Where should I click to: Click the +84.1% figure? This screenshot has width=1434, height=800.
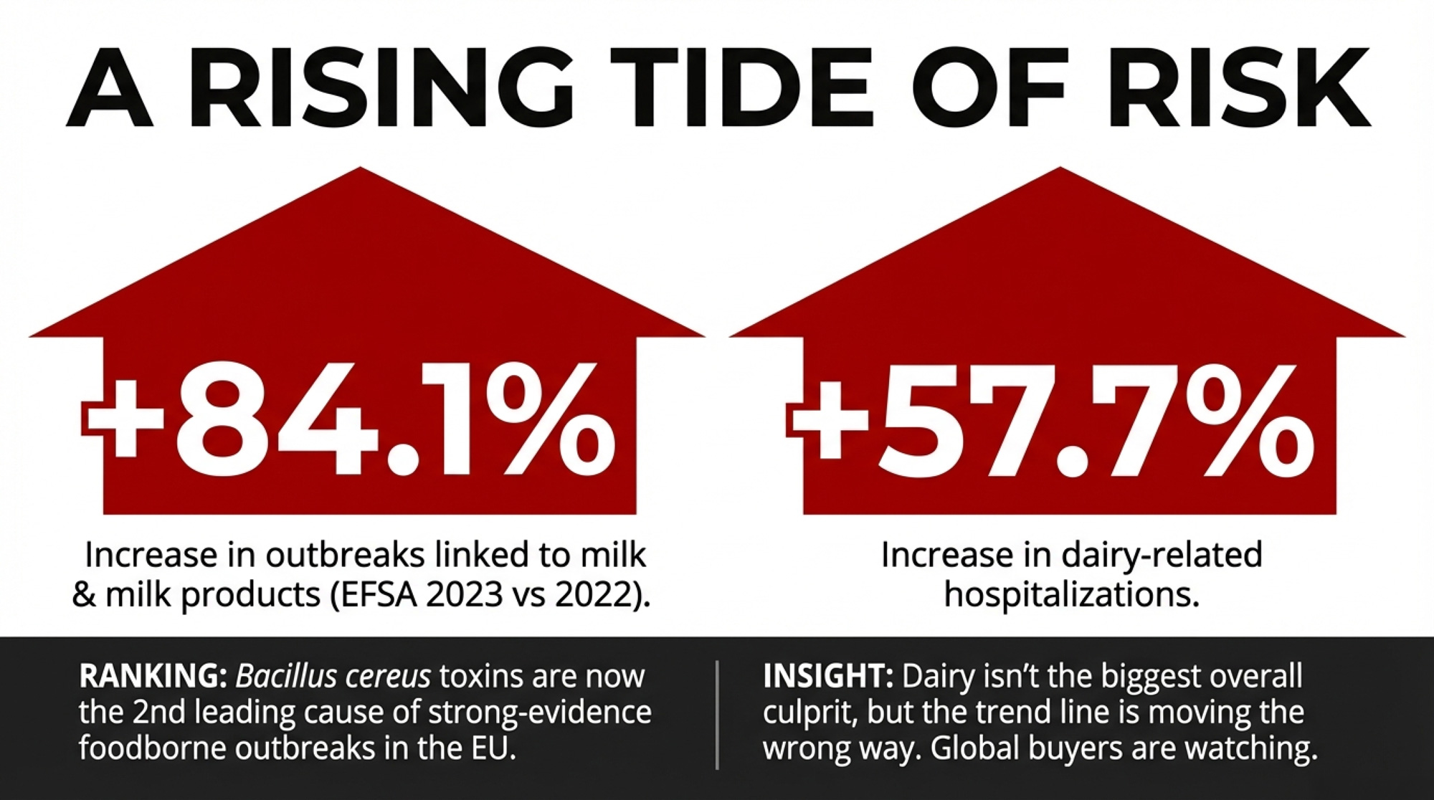point(348,419)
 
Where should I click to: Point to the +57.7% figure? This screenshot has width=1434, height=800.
point(1051,419)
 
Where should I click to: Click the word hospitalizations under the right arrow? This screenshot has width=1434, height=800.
point(1071,595)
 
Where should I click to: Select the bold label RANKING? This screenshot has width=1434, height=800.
point(153,676)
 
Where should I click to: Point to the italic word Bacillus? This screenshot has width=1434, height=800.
point(282,676)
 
